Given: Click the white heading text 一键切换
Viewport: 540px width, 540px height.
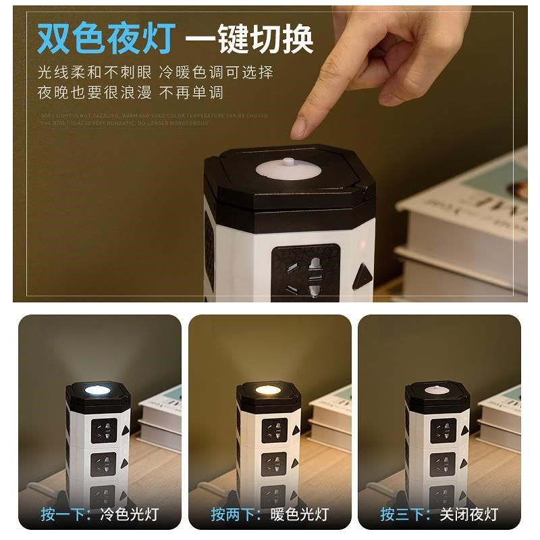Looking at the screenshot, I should point(250,38).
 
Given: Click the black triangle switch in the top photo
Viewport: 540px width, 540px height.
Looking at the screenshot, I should point(364,276).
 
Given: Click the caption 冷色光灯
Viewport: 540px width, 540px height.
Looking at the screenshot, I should point(128,514).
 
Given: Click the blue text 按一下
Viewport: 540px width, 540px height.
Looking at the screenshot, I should point(66,514).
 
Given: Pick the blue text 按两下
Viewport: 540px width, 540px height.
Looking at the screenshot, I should point(236,514).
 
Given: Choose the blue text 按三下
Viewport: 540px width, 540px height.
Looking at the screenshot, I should point(405,514).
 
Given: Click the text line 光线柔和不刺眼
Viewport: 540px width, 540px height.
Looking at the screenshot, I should point(84,72).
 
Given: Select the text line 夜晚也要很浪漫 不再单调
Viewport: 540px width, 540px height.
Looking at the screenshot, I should point(130,92).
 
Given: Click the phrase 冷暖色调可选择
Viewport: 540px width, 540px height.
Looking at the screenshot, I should point(215,72).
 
